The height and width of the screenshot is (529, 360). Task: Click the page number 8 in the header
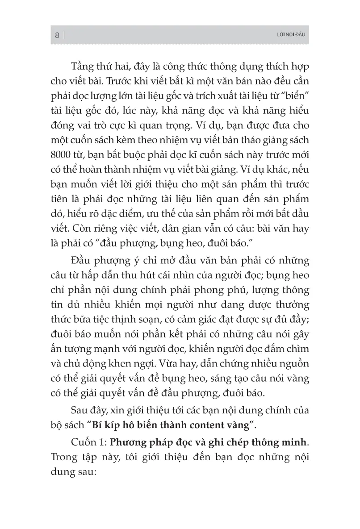click(x=57, y=35)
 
